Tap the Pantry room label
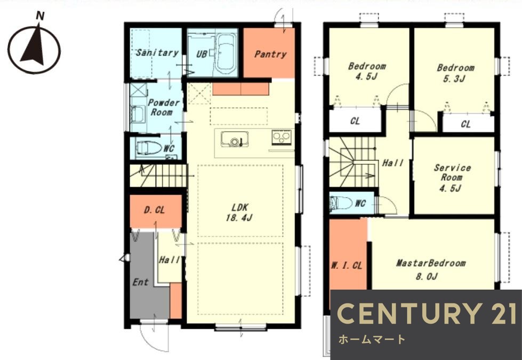(x=270, y=54)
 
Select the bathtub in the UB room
(x=226, y=54)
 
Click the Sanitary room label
(x=157, y=53)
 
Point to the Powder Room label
(x=163, y=107)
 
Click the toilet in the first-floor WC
(x=149, y=148)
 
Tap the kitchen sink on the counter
(x=235, y=139)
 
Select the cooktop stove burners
(x=282, y=137)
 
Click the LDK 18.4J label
(x=239, y=212)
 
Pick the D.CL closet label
(x=155, y=210)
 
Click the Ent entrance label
(x=140, y=282)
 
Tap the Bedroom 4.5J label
(x=367, y=71)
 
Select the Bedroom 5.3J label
(x=455, y=73)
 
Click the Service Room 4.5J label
(x=452, y=178)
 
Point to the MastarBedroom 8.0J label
(x=430, y=269)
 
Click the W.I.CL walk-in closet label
(x=347, y=266)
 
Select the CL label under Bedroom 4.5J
(x=355, y=121)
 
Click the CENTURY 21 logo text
(x=427, y=314)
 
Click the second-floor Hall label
(x=393, y=163)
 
